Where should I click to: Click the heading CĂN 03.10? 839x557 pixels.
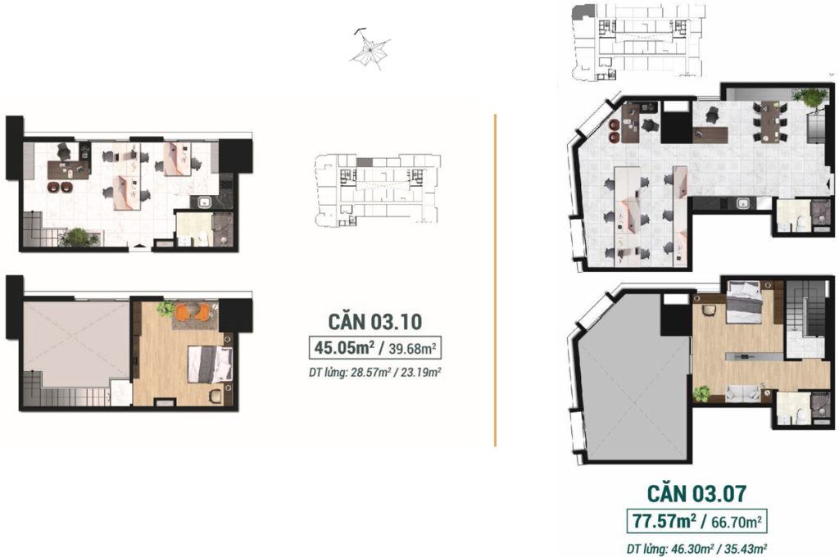[x=374, y=322]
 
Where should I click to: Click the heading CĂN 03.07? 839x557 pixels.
[x=696, y=493]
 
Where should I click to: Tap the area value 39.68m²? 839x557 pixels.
[x=413, y=349]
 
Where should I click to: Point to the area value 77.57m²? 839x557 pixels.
[x=664, y=521]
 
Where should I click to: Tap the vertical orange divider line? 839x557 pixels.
[x=495, y=280]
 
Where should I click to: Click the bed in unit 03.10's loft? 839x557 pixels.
[x=210, y=364]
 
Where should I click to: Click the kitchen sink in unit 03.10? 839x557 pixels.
[x=204, y=202]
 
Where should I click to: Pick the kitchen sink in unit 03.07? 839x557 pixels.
[x=742, y=203]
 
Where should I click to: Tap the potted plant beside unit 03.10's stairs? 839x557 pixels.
[x=78, y=237]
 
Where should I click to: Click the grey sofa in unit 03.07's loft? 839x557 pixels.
[x=742, y=393]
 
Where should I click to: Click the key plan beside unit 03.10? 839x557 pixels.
[x=377, y=189]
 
